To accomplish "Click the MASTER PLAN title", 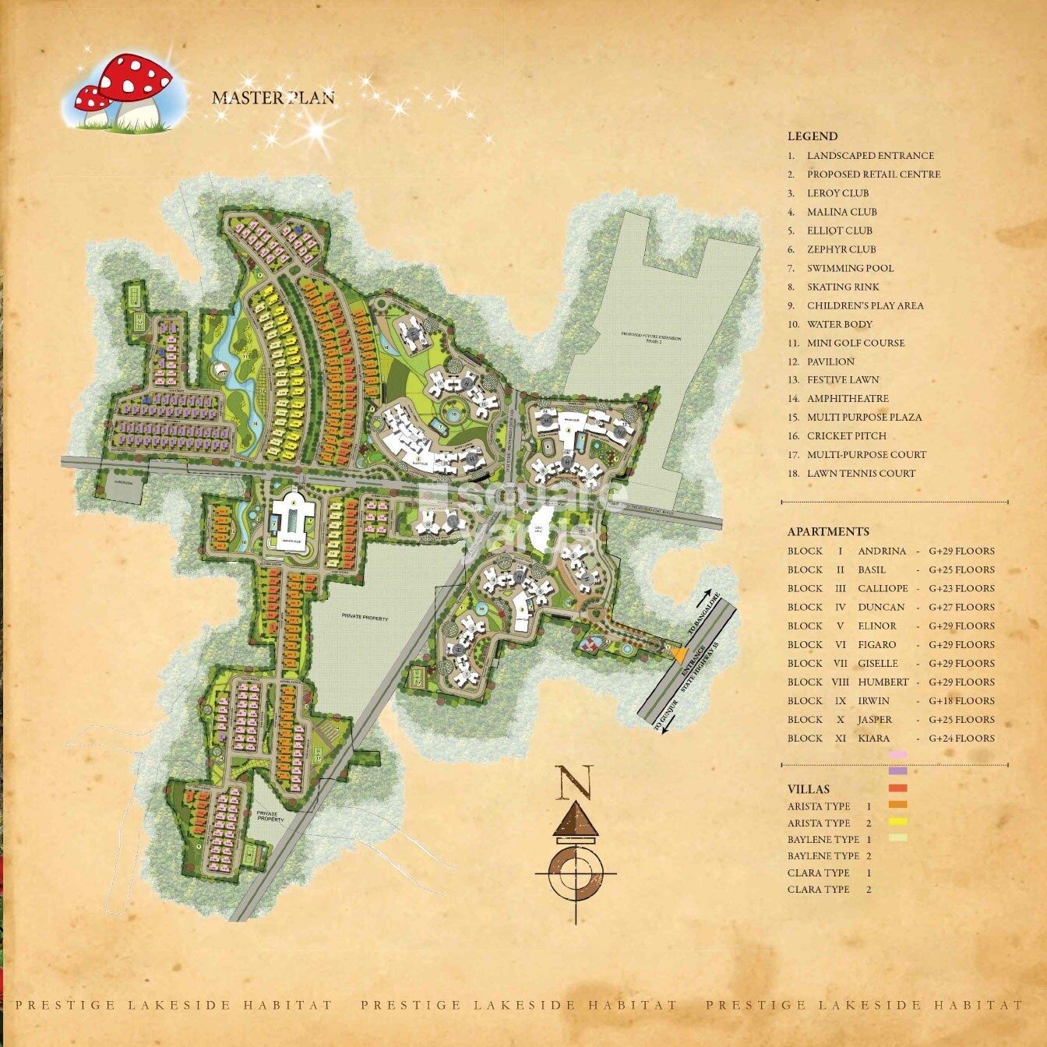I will [273, 97].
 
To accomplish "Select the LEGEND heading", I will [812, 136].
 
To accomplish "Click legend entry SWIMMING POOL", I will [850, 268].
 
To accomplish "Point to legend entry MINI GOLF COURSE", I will [855, 343].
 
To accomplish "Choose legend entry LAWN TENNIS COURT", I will [861, 474].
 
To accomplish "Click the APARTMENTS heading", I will [827, 531].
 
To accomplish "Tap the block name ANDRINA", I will [882, 552].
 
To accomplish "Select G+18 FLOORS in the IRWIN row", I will [961, 701].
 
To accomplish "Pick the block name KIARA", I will [874, 739].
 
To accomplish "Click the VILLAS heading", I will [808, 789].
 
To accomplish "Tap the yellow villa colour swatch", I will [897, 821].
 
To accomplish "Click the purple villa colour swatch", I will [897, 771].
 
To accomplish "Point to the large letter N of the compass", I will [574, 782].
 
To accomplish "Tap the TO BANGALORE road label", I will [702, 617].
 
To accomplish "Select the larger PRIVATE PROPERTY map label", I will [365, 617].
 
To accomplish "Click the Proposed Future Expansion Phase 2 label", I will [650, 340].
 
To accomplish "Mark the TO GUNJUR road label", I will [665, 716].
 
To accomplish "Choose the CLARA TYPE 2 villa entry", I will [828, 890].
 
